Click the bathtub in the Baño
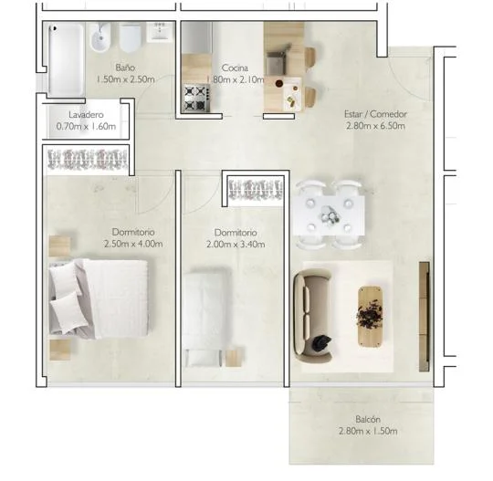66,59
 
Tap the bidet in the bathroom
100,37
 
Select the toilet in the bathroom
130,38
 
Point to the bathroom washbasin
160,31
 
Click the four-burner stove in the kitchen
196,97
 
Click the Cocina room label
235,68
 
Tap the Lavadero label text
86,115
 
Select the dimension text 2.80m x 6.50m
375,126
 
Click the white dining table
330,215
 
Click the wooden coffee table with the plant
370,317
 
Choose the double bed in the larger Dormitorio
99,299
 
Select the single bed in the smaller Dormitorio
206,318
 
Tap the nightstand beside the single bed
234,357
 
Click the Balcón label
368,419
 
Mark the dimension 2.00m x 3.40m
236,245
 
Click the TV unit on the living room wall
425,317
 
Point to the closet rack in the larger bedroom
88,160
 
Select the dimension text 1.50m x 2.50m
125,78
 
